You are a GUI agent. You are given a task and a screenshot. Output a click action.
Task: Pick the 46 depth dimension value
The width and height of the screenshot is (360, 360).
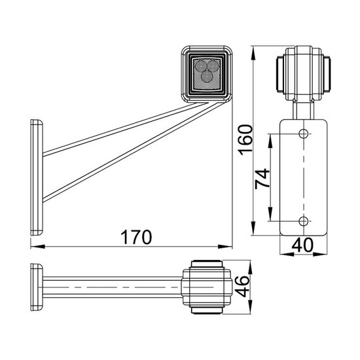[243, 287]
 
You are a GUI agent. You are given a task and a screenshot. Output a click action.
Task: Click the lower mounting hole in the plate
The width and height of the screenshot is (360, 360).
[302, 219]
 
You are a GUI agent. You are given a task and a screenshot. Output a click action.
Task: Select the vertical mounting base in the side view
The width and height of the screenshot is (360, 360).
[35, 177]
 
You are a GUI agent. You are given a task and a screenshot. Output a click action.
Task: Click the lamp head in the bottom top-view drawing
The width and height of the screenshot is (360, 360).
[206, 286]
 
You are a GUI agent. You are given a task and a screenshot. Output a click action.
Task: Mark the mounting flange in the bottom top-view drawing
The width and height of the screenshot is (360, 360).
[35, 287]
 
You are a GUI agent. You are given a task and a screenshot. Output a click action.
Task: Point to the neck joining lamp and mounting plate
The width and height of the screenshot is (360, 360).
[302, 108]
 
